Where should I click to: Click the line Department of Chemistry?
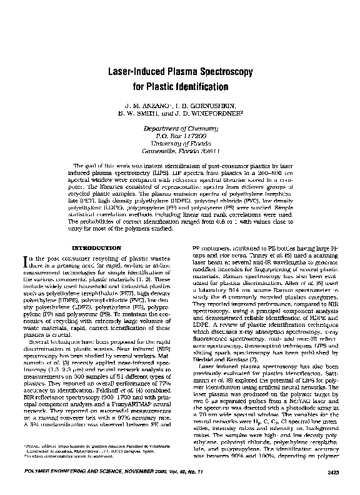[x=180, y=127]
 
